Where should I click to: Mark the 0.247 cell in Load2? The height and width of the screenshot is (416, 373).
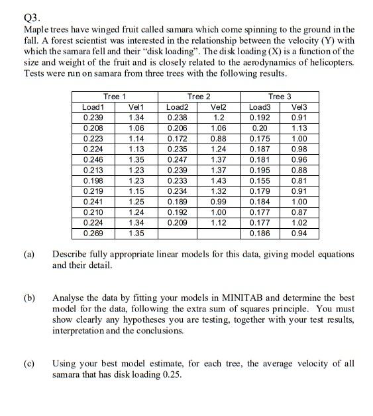coord(177,159)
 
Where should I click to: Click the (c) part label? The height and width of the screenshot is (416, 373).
coord(30,364)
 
